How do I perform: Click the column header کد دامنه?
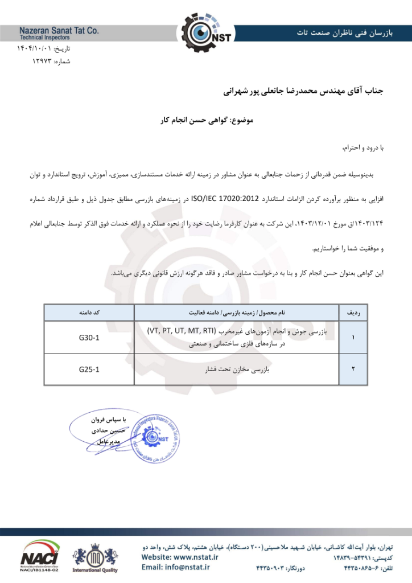tap(89, 313)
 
